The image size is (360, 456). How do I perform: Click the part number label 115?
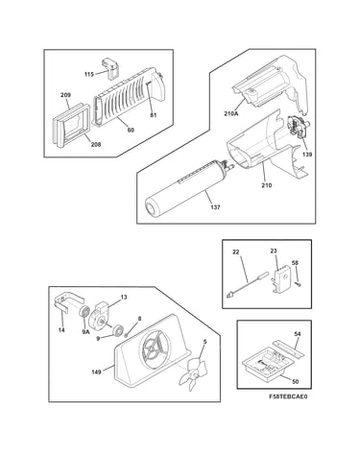(x=89, y=74)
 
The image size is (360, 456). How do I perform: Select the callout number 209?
(x=65, y=95)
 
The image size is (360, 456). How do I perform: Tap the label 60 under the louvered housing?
(x=131, y=130)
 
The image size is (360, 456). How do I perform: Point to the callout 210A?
(x=231, y=113)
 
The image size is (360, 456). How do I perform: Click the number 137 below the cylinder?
(x=216, y=207)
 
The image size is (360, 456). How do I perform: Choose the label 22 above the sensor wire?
(x=236, y=252)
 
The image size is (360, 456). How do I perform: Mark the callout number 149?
(x=96, y=372)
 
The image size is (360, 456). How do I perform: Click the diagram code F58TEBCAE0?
(x=288, y=396)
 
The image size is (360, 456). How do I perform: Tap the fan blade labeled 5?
(x=192, y=372)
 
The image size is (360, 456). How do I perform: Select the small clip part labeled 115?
(x=110, y=68)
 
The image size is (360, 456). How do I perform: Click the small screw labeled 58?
(x=299, y=284)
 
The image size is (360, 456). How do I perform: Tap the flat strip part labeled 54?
(x=288, y=349)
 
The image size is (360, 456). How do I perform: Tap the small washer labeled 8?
(x=127, y=335)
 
